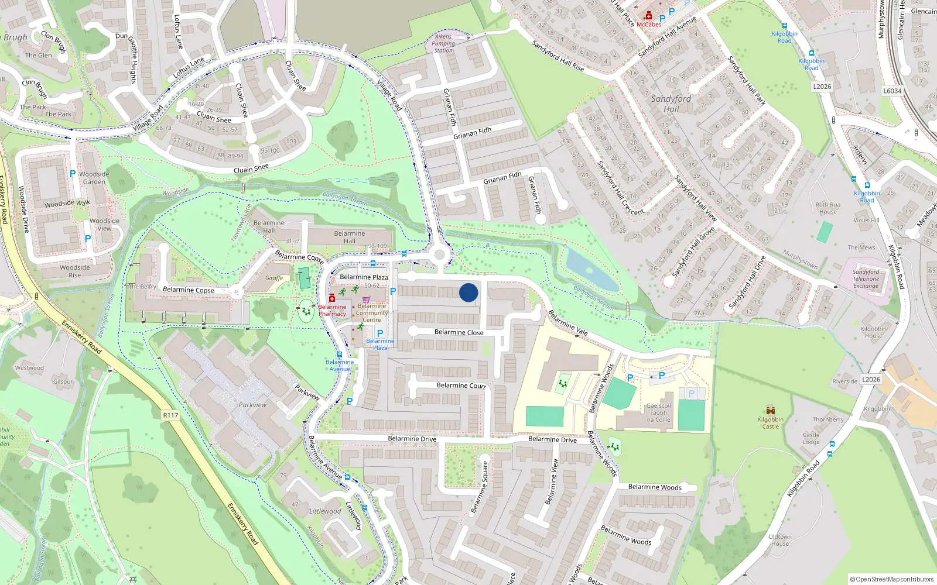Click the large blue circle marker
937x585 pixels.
pyautogui.click(x=468, y=292)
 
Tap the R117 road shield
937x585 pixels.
pyautogui.click(x=170, y=415)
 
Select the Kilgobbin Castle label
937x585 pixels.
pyautogui.click(x=770, y=423)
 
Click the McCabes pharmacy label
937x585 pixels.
pyautogui.click(x=649, y=25)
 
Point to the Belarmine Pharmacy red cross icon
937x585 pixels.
pyautogui.click(x=332, y=298)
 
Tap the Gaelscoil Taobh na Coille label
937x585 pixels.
pyautogui.click(x=659, y=412)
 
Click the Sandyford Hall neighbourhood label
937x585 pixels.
pyautogui.click(x=671, y=104)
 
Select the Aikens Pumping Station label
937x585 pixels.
pyautogui.click(x=443, y=43)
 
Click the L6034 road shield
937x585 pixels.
pyautogui.click(x=892, y=91)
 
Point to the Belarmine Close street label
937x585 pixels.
pyautogui.click(x=459, y=332)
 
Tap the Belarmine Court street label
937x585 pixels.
pyautogui.click(x=461, y=386)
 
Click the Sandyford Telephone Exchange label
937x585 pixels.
pyautogui.click(x=866, y=279)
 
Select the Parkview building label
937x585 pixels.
pyautogui.click(x=252, y=405)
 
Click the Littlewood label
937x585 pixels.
pyautogui.click(x=325, y=511)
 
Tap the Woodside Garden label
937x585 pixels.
pyautogui.click(x=94, y=178)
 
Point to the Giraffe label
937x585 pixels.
pyautogui.click(x=274, y=278)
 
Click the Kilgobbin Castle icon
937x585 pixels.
pyautogui.click(x=771, y=410)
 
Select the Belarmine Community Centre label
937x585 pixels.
pyautogui.click(x=372, y=313)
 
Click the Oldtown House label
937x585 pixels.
pyautogui.click(x=780, y=540)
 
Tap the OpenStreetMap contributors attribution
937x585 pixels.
pyautogui.click(x=891, y=579)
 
